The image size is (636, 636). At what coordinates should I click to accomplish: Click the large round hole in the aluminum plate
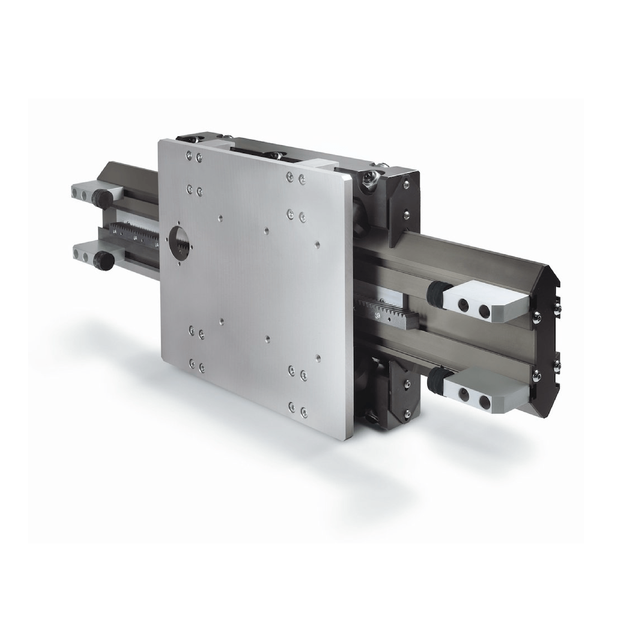(x=179, y=238)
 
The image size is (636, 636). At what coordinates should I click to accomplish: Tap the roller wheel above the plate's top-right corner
(x=369, y=180)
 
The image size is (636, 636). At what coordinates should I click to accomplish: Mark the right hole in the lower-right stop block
(x=484, y=400)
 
